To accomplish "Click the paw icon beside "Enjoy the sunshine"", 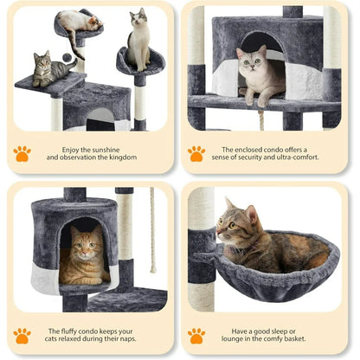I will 22,153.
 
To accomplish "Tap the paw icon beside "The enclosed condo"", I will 196,153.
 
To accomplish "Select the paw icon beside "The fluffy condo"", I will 22,335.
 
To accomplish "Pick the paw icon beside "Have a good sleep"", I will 196,335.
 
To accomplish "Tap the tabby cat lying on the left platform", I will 52,69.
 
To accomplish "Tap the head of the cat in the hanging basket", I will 234,225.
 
